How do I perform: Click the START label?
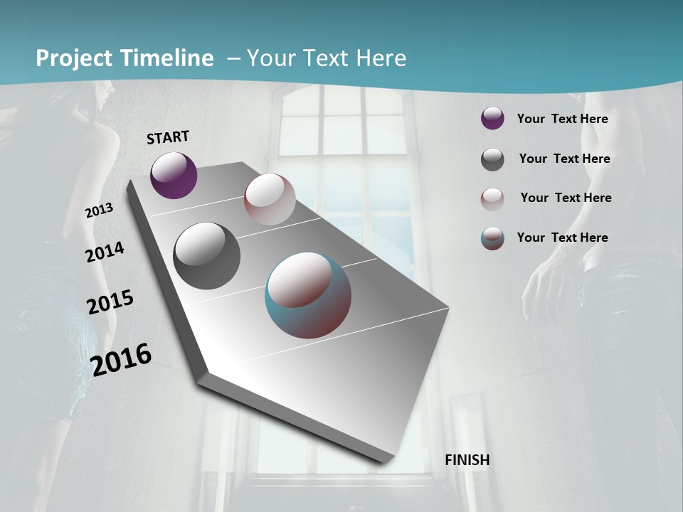pyautogui.click(x=168, y=137)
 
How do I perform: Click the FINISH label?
pyautogui.click(x=467, y=460)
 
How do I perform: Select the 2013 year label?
pyautogui.click(x=99, y=210)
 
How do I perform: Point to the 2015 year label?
pyautogui.click(x=110, y=302)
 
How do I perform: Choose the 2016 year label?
pyautogui.click(x=122, y=360)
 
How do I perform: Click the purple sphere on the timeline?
pyautogui.click(x=174, y=176)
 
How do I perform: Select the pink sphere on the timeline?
pyautogui.click(x=270, y=199)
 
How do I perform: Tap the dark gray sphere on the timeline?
pyautogui.click(x=206, y=256)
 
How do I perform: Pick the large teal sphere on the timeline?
pyautogui.click(x=308, y=295)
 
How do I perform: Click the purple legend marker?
pyautogui.click(x=492, y=119)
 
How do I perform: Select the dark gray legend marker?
pyautogui.click(x=492, y=159)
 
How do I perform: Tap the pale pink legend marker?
pyautogui.click(x=492, y=199)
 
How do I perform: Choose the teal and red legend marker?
pyautogui.click(x=492, y=238)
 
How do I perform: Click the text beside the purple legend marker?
pyautogui.click(x=562, y=119)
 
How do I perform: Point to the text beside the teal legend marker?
pyautogui.click(x=562, y=238)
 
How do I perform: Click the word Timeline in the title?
pyautogui.click(x=168, y=58)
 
